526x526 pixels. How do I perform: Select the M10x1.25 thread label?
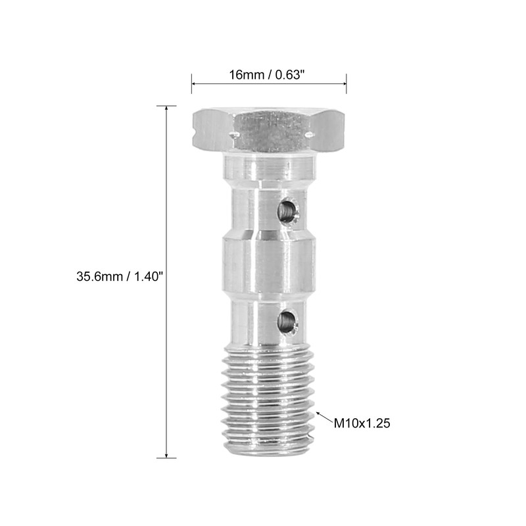[x=362, y=423]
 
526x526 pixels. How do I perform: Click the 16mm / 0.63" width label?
[x=268, y=75]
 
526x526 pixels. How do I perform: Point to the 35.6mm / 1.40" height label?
[x=119, y=277]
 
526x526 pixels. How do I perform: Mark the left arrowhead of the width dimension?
[x=194, y=84]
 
